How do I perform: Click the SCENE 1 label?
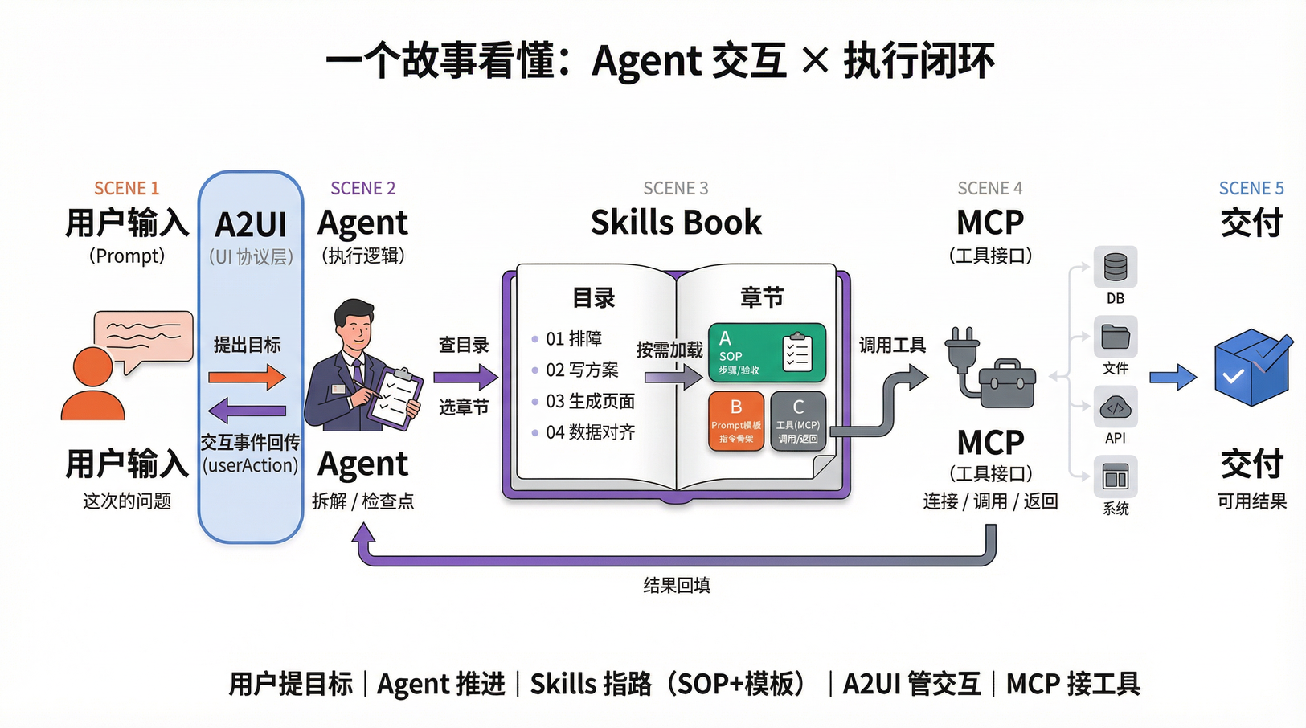coord(126,188)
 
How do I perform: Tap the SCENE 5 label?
coord(1251,188)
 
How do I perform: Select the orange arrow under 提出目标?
coord(247,377)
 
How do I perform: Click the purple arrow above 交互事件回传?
coord(247,411)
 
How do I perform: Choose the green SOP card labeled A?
coord(766,352)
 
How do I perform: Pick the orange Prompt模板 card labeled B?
coord(735,420)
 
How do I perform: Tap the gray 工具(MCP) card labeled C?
coord(797,420)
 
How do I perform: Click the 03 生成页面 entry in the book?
coord(590,401)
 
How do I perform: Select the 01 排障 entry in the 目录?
coord(573,339)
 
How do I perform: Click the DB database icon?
coord(1115,267)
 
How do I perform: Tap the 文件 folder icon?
coord(1115,337)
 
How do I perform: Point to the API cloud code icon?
coord(1115,407)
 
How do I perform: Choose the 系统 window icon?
coord(1115,478)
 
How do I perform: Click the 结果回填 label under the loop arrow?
coord(677,585)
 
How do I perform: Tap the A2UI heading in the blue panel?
coord(251,225)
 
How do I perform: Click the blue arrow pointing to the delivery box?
coord(1173,377)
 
